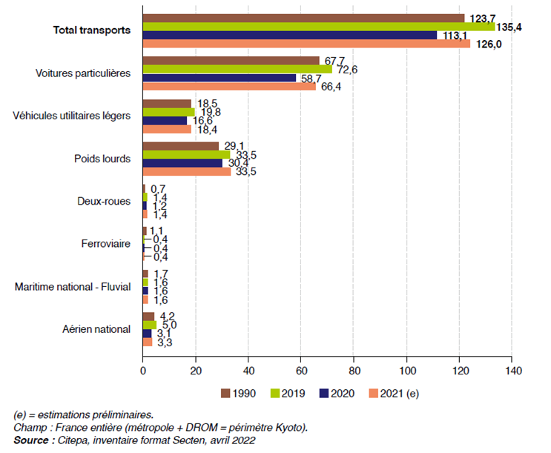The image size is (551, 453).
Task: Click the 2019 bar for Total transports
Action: click(x=319, y=27)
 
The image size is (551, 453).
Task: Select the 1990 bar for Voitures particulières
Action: click(x=231, y=60)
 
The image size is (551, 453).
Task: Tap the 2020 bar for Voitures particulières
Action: click(x=220, y=78)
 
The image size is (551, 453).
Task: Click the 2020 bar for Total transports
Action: click(x=290, y=35)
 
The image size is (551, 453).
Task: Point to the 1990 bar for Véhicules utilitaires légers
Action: click(x=167, y=104)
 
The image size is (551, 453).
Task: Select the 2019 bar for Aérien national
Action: click(x=149, y=325)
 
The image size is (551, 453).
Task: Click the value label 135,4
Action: click(x=511, y=27)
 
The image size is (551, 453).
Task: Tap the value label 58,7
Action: click(x=312, y=78)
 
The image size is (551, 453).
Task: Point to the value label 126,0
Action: click(x=486, y=44)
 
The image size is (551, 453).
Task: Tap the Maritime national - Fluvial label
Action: click(x=73, y=286)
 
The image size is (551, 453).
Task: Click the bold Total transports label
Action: click(x=92, y=30)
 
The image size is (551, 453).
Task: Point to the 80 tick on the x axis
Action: click(x=354, y=370)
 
